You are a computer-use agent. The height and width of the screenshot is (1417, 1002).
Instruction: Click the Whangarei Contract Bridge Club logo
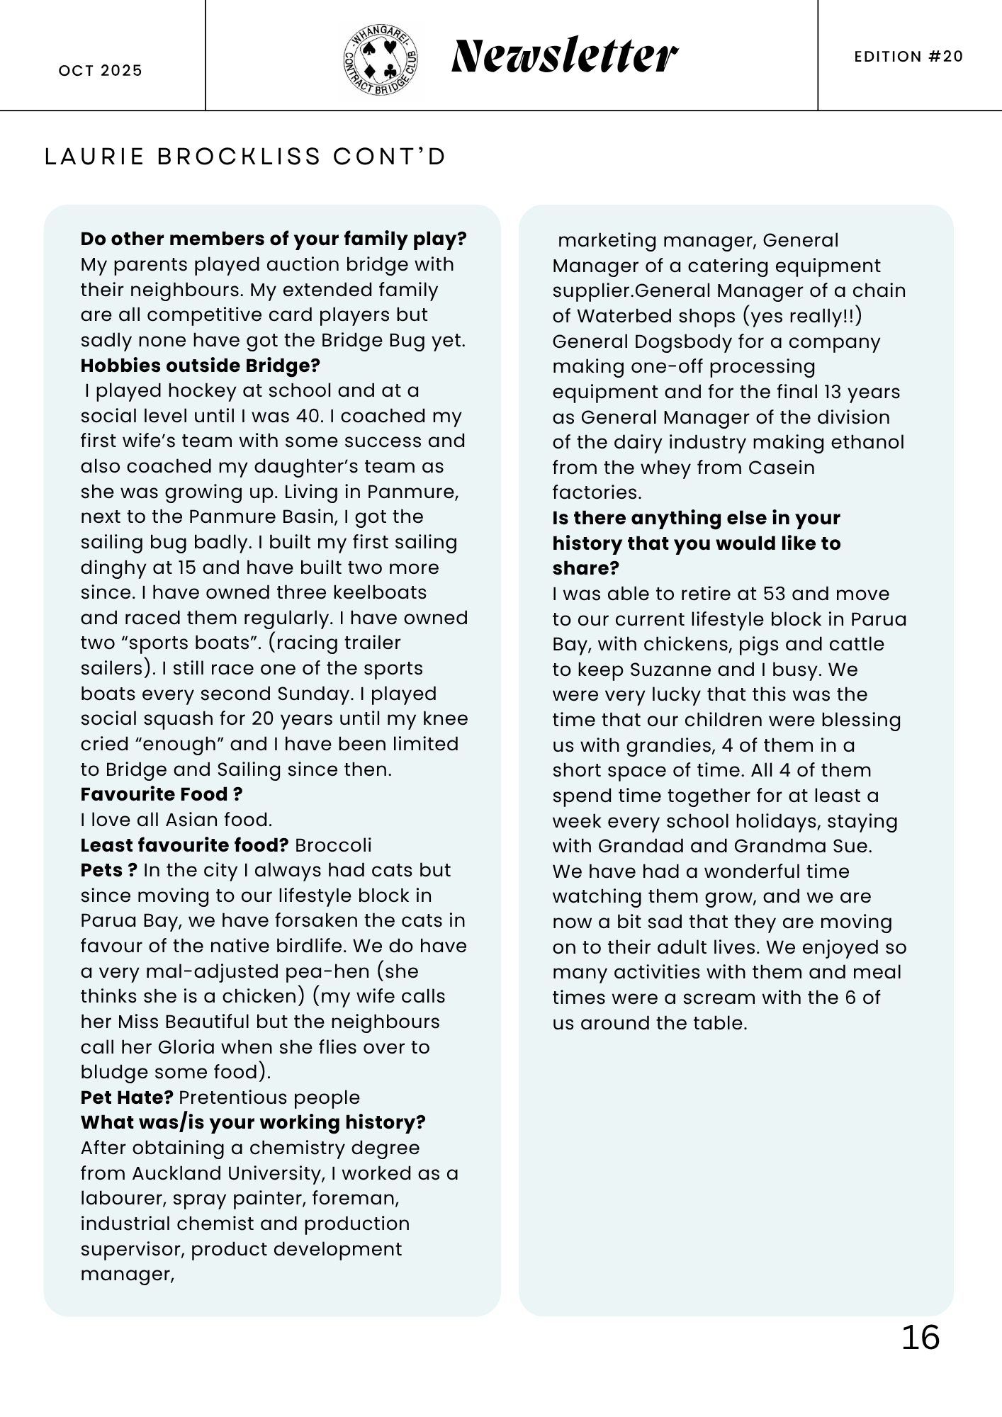coord(381,60)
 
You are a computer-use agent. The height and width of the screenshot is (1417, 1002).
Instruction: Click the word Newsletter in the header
coord(564,57)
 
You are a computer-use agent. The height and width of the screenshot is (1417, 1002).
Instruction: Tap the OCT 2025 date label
coord(101,71)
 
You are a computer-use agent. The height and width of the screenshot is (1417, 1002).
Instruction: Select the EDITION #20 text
coord(908,57)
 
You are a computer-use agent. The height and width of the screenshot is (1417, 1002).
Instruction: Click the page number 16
coord(920,1338)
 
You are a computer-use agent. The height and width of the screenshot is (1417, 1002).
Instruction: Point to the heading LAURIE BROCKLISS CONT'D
coord(245,157)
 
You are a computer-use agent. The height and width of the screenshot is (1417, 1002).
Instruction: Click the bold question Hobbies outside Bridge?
coord(200,366)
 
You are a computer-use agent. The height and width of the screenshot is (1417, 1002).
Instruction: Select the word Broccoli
coord(333,845)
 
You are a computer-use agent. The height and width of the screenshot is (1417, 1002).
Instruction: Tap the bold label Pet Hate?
coord(127,1097)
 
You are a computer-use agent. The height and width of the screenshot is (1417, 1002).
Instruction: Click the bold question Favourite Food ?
coord(162,794)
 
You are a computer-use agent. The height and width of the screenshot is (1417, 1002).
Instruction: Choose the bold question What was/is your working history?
coord(253,1122)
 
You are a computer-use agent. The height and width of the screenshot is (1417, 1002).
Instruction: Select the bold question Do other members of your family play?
coord(274,239)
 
